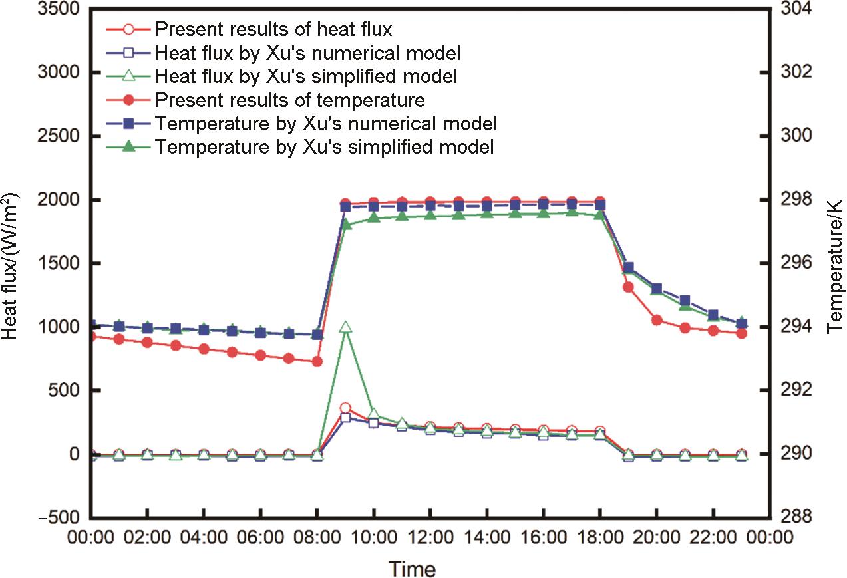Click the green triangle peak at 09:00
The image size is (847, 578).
coord(345,327)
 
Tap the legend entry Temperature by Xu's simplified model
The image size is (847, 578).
coord(324,147)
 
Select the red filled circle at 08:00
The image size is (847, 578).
coord(317,361)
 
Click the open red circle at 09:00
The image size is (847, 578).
coord(345,408)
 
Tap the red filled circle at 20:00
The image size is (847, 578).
coord(657,320)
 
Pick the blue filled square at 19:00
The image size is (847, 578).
coord(628,267)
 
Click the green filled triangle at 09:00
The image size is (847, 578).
coord(346,225)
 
